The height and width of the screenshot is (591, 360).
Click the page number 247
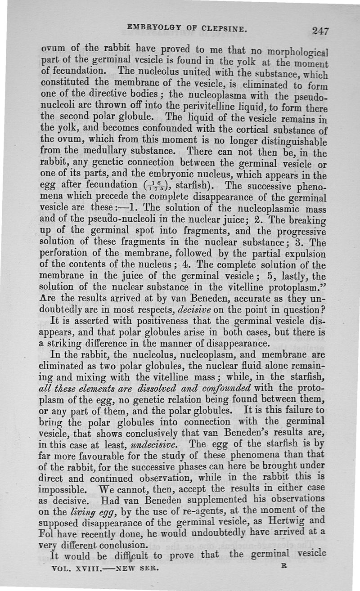pos(320,31)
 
